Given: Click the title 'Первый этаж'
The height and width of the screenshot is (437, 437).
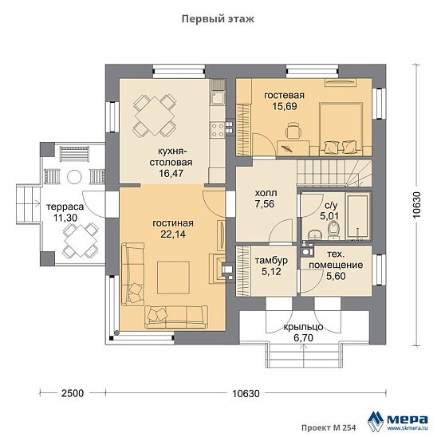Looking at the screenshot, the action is coord(218,19).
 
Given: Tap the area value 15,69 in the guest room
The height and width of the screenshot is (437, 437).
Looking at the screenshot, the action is coord(285,106).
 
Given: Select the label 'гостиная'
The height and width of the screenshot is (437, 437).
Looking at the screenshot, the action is coord(173,223).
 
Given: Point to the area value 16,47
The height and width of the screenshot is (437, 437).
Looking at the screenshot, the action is coord(171,173).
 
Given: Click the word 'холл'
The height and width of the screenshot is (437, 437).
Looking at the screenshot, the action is coord(266,193).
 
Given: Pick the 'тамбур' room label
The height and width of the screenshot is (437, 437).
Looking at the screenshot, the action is coord(271,261).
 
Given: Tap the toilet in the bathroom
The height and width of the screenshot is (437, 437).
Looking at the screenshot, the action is coord(333,230).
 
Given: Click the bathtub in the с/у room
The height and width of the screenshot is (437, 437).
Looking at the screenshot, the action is coord(357,216).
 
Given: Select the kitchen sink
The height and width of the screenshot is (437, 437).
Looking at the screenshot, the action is coord(218,98).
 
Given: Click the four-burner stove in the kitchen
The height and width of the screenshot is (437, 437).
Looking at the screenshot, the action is coord(218,130).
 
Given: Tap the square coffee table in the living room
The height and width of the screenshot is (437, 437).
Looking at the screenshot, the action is coord(173,278).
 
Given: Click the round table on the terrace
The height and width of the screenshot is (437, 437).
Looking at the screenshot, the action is coord(74,177).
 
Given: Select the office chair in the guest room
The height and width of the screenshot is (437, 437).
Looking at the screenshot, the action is coord(293,131).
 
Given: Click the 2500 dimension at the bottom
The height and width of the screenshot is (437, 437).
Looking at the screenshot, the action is coord(73,393).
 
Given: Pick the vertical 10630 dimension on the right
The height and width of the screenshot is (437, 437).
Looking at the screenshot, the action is coord(416,205).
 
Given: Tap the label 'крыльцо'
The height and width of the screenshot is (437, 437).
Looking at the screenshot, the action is coord(303,327).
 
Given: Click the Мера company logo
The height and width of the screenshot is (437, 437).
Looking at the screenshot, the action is coord(398,419).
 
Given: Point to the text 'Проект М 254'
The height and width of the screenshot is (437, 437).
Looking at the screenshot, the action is coord(329,427).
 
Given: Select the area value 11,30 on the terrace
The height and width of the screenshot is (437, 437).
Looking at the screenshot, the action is coord(65,218).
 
